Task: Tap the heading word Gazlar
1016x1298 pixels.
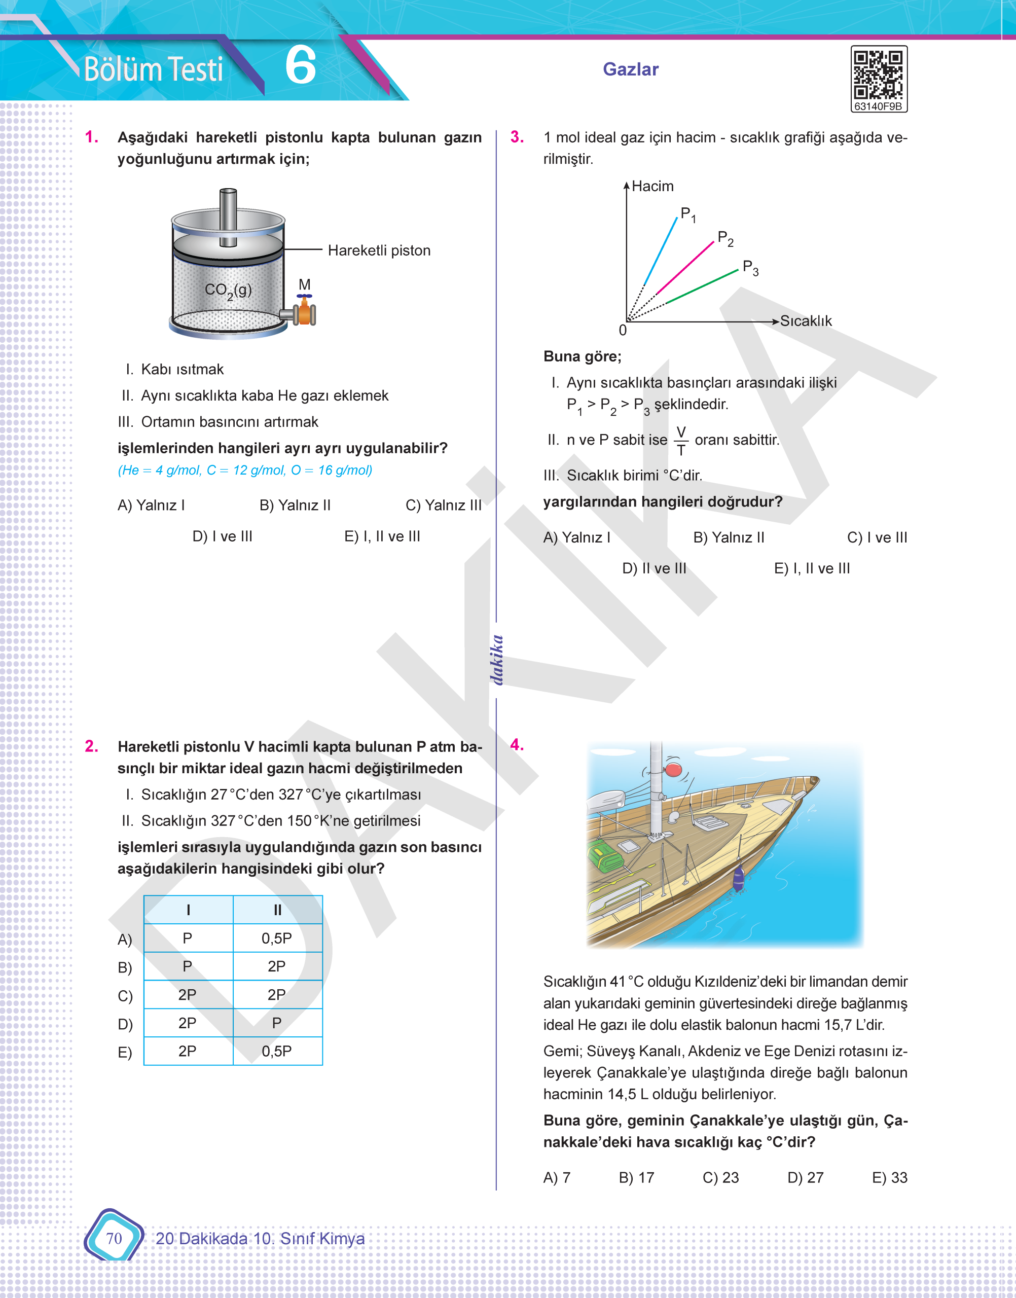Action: [631, 69]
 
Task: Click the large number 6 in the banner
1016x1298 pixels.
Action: [301, 66]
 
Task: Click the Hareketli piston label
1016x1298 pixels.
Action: [379, 250]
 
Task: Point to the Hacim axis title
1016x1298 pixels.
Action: [652, 186]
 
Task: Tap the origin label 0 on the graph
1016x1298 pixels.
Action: [623, 330]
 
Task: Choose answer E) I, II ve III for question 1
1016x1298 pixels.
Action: [382, 536]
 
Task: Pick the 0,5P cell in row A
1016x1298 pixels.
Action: [277, 938]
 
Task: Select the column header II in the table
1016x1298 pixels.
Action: [277, 910]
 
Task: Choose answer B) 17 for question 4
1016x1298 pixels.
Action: [636, 1178]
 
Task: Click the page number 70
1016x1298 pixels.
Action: [114, 1238]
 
